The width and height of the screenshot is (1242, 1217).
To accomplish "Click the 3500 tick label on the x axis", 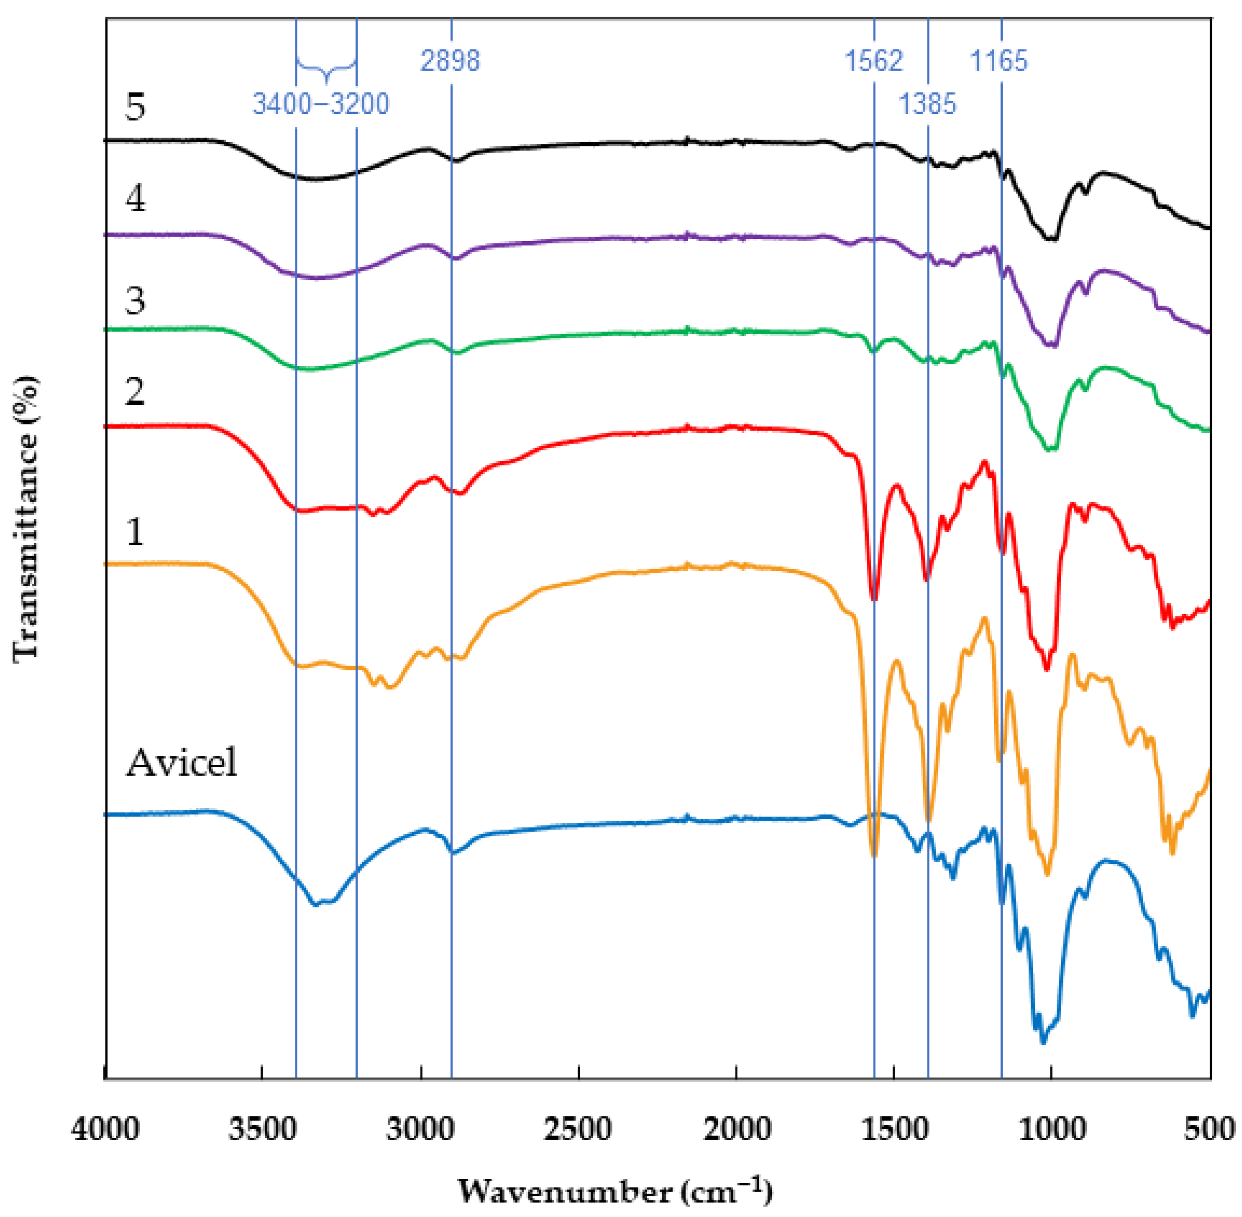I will coord(263,1130).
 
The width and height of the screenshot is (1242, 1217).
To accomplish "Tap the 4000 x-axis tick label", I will coord(105,1130).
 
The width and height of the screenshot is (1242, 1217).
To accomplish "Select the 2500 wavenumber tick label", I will coord(578,1130).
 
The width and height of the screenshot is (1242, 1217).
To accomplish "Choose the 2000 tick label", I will coord(736,1130).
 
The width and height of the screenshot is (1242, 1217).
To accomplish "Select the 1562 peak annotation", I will coord(874,61).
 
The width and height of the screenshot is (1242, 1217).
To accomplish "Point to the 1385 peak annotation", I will coord(928,103).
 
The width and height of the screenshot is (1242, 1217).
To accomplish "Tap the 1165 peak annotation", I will coord(999,61).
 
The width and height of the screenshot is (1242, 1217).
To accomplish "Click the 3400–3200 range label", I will coord(321,103).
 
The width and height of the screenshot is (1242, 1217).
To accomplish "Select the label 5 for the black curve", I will coord(135,106).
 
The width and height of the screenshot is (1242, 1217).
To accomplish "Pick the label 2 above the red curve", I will coord(135,391).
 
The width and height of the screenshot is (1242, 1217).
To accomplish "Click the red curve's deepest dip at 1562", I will coord(874,598).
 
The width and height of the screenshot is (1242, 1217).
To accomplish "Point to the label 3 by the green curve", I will coord(135,301).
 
